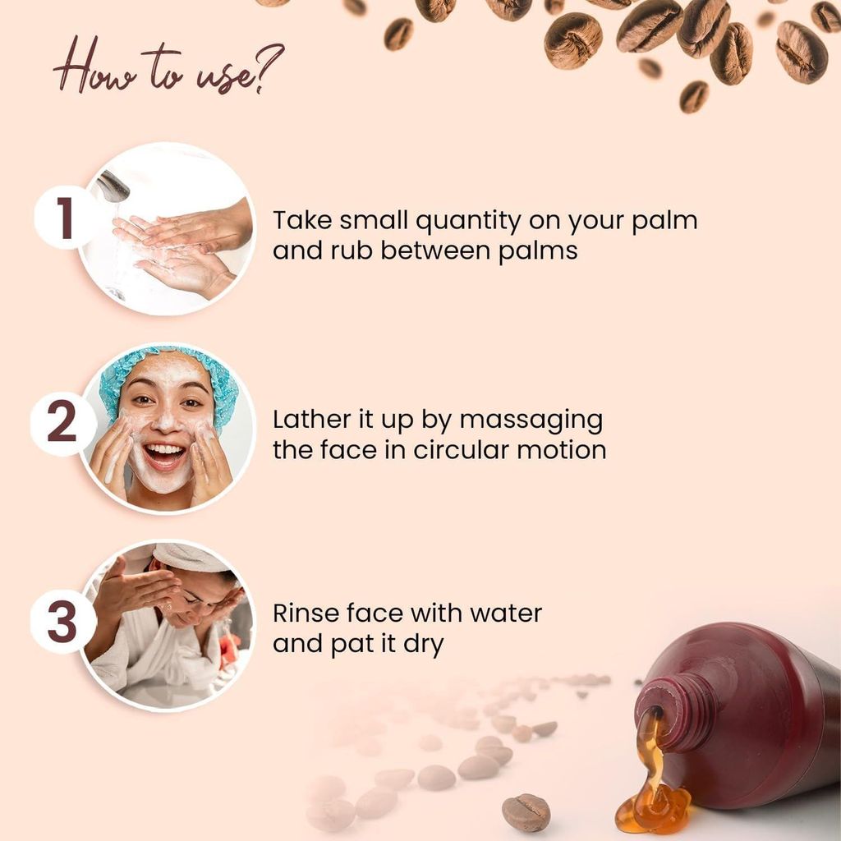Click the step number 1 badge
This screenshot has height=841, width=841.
tap(65, 217)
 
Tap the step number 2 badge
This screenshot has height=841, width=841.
tap(62, 421)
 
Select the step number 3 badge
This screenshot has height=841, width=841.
tap(62, 622)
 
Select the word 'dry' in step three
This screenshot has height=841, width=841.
tap(423, 646)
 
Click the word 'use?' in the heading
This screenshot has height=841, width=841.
tap(240, 72)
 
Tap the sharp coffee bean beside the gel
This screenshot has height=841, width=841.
tap(526, 812)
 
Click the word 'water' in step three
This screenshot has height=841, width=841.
tap(506, 614)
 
